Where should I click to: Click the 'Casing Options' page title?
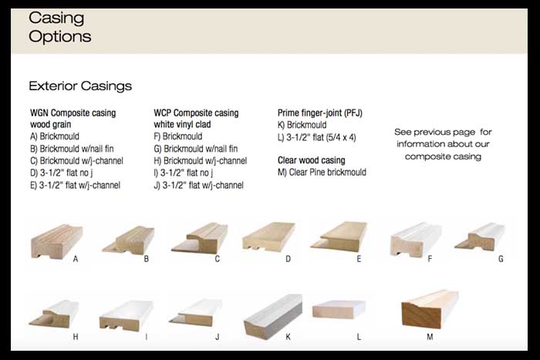(59, 27)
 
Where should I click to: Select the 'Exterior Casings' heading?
(80, 86)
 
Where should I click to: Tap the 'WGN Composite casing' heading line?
(73, 113)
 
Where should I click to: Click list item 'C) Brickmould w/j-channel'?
(76, 161)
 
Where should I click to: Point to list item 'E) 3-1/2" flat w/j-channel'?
(75, 185)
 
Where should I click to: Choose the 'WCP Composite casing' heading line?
(196, 113)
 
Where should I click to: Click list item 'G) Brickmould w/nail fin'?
(196, 149)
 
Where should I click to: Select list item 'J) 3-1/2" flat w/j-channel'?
(198, 185)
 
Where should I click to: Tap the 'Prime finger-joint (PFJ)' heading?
(319, 113)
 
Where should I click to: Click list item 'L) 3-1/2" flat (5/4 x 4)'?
(316, 136)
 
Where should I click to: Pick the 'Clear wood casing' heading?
(311, 160)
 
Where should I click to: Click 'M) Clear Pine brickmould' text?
(322, 173)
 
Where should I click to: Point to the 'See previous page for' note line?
(443, 132)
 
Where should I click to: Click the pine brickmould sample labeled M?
(430, 309)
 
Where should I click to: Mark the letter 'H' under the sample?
(76, 337)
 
